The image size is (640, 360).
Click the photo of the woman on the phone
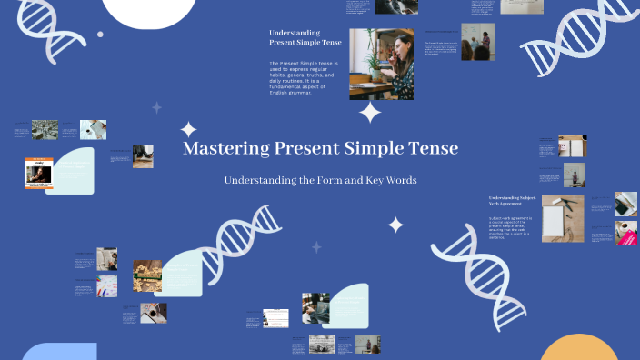coord(381,64)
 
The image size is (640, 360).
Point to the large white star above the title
coord(370,112)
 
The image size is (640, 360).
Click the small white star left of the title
coord(188,129)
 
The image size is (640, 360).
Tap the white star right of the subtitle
coord(395,224)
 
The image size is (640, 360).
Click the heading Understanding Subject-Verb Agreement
coord(512,202)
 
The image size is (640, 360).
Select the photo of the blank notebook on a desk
coord(563,220)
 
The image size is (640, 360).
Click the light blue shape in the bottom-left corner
coord(59,353)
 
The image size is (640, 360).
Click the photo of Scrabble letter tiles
coord(147,270)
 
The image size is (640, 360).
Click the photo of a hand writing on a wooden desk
coord(153,313)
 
